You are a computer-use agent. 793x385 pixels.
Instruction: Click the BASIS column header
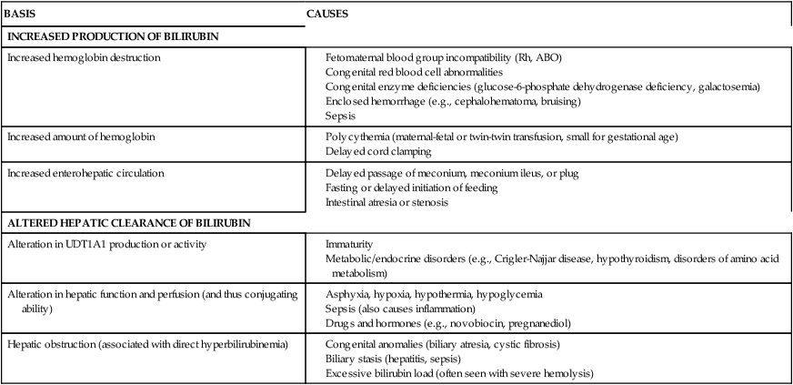[19, 15]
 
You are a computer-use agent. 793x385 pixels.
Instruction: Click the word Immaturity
[350, 245]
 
